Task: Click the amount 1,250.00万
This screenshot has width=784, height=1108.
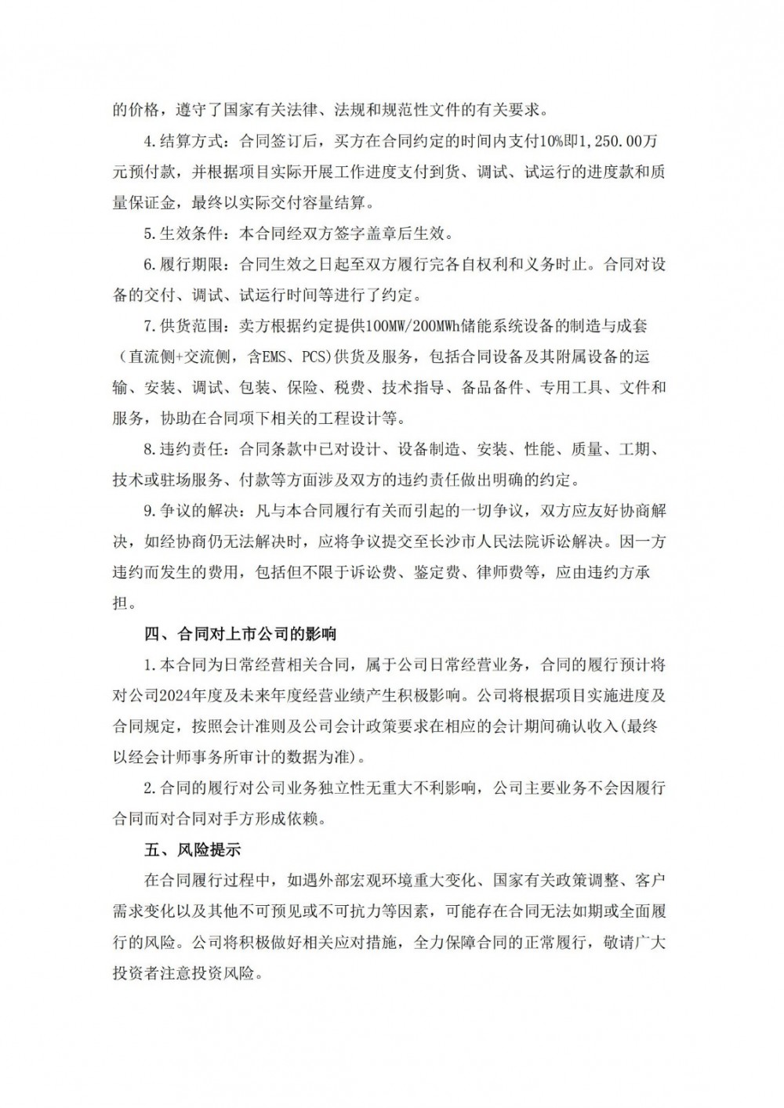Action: pyautogui.click(x=623, y=141)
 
